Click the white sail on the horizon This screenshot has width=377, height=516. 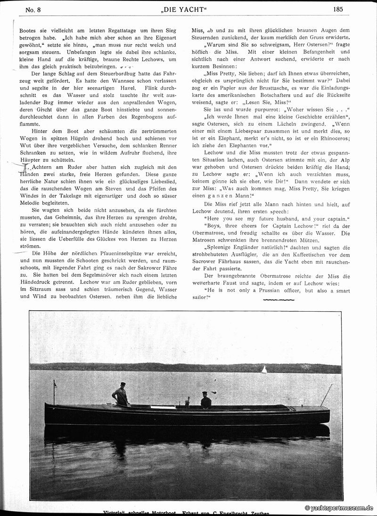pos(264,370)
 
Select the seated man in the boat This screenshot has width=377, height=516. pos(206,401)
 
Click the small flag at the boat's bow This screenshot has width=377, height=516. pos(55,385)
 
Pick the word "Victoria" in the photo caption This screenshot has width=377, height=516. pos(113,513)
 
